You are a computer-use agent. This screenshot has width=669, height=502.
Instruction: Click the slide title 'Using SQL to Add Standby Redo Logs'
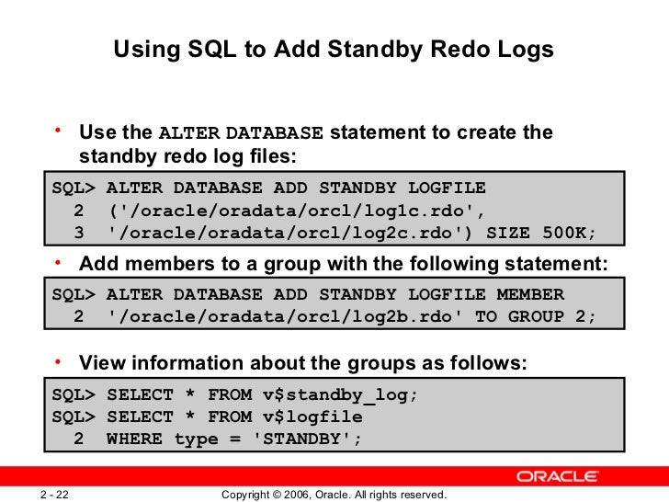[334, 51]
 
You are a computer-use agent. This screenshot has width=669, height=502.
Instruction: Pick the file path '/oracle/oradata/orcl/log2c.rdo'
[242, 230]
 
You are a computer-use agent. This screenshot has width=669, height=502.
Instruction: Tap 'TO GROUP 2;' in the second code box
[539, 316]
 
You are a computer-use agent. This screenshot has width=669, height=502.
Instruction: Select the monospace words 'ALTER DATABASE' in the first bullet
[242, 134]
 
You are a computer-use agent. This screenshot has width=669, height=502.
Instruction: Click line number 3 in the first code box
[79, 230]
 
